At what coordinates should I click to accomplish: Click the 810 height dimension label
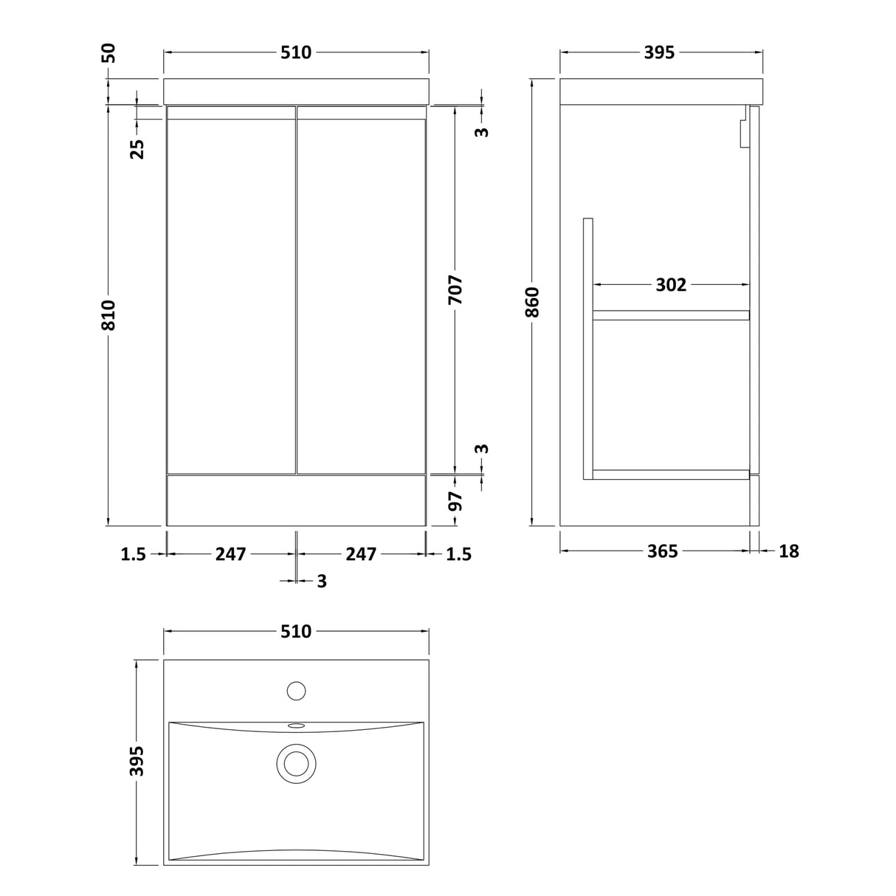pyautogui.click(x=108, y=315)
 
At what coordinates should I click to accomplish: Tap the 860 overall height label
pyautogui.click(x=533, y=302)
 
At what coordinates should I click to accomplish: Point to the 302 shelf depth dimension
pyautogui.click(x=671, y=284)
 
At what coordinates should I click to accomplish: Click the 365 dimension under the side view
pyautogui.click(x=662, y=551)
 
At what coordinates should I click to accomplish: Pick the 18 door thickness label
pyautogui.click(x=789, y=551)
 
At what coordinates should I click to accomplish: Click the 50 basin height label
pyautogui.click(x=108, y=54)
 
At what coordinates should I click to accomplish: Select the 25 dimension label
pyautogui.click(x=137, y=148)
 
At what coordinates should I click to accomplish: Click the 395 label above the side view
pyautogui.click(x=660, y=52)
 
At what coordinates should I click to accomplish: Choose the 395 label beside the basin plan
pyautogui.click(x=137, y=761)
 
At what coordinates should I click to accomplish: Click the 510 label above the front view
pyautogui.click(x=296, y=52)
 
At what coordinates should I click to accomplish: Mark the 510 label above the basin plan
pyautogui.click(x=296, y=631)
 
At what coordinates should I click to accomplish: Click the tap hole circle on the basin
pyautogui.click(x=296, y=691)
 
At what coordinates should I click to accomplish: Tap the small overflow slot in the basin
pyautogui.click(x=296, y=726)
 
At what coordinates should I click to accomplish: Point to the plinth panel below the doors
pyautogui.click(x=296, y=500)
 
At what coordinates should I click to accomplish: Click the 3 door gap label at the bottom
pyautogui.click(x=321, y=582)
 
